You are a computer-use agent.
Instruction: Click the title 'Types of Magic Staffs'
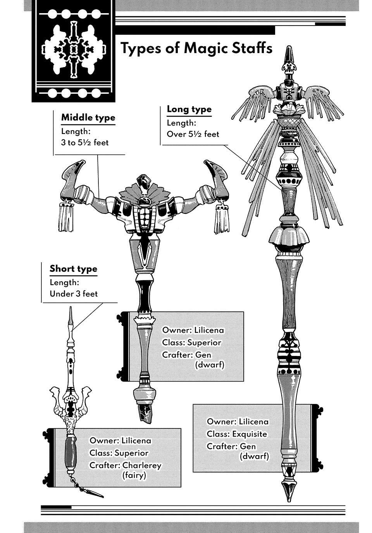pyautogui.click(x=196, y=49)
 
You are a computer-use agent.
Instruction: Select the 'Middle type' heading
pyautogui.click(x=88, y=117)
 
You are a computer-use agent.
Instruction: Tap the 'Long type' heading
pyautogui.click(x=189, y=109)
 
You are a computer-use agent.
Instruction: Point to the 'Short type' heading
pyautogui.click(x=73, y=269)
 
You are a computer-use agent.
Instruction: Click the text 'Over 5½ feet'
pyautogui.click(x=193, y=134)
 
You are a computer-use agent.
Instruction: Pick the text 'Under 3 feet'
pyautogui.click(x=74, y=294)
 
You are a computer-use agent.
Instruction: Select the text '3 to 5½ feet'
pyautogui.click(x=85, y=143)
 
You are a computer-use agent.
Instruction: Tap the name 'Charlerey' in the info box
pyautogui.click(x=141, y=465)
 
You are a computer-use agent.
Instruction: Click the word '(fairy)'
pyautogui.click(x=134, y=475)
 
